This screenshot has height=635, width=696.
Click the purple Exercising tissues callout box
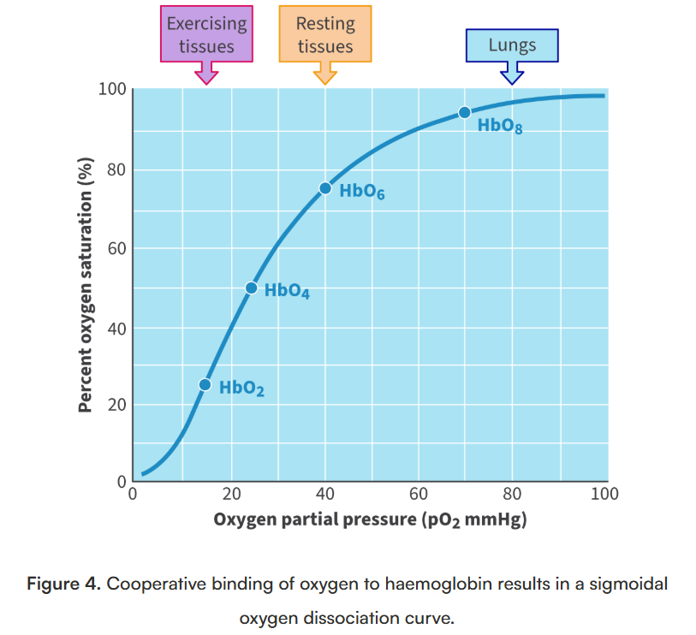click(x=206, y=35)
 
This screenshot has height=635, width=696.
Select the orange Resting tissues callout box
click(x=325, y=35)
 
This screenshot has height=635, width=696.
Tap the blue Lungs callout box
click(x=512, y=45)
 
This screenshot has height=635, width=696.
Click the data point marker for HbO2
click(x=205, y=385)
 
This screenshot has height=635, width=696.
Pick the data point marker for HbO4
click(x=251, y=288)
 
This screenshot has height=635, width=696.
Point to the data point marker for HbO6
click(x=325, y=188)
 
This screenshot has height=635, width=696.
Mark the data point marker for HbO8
click(x=465, y=112)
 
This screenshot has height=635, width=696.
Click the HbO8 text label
click(x=500, y=127)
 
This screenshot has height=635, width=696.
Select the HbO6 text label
click(x=361, y=192)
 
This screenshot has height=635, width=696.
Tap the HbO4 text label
click(x=287, y=291)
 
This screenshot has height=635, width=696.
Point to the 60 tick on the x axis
click(x=419, y=494)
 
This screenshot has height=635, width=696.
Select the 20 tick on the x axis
click(x=231, y=494)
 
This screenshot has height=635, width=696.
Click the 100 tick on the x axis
click(x=604, y=494)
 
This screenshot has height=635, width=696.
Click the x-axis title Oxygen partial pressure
click(x=370, y=519)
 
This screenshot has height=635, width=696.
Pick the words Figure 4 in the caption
click(x=64, y=585)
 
